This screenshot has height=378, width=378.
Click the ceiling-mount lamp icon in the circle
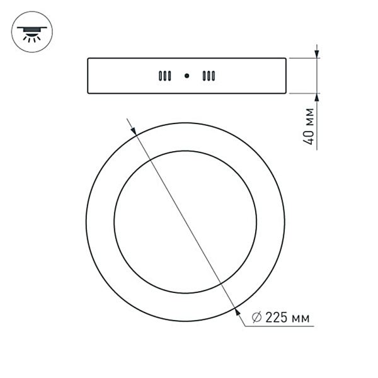coord(32,31)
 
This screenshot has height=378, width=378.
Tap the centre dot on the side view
coord(186,76)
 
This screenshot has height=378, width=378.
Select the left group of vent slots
coord(164,76)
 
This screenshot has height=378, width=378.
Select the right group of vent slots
coord(209,76)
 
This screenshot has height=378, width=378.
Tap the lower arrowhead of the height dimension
coord(317,98)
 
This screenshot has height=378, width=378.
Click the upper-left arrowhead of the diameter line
coord(135,131)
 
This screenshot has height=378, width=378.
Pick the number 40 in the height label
coord(309,137)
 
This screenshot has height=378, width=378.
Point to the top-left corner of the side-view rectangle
coord(88,59)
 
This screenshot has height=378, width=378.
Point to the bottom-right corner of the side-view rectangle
coord(287,94)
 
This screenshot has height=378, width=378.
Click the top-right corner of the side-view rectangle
coord(287,59)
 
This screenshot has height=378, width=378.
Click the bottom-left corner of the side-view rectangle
coord(88,94)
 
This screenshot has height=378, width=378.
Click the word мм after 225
coord(304,318)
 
